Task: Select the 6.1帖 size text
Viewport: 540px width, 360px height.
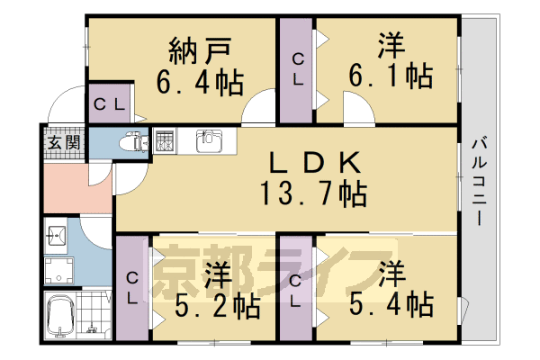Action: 390,75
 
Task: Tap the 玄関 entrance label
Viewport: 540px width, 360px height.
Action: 63,142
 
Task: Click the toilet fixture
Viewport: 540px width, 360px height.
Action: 133,142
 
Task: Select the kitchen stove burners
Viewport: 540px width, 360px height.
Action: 165,140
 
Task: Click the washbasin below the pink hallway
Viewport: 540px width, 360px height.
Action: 56,237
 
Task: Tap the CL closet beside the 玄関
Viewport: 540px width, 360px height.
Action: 111,103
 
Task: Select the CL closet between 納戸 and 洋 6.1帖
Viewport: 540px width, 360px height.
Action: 295,70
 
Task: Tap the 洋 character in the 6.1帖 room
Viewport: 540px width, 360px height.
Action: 390,43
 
